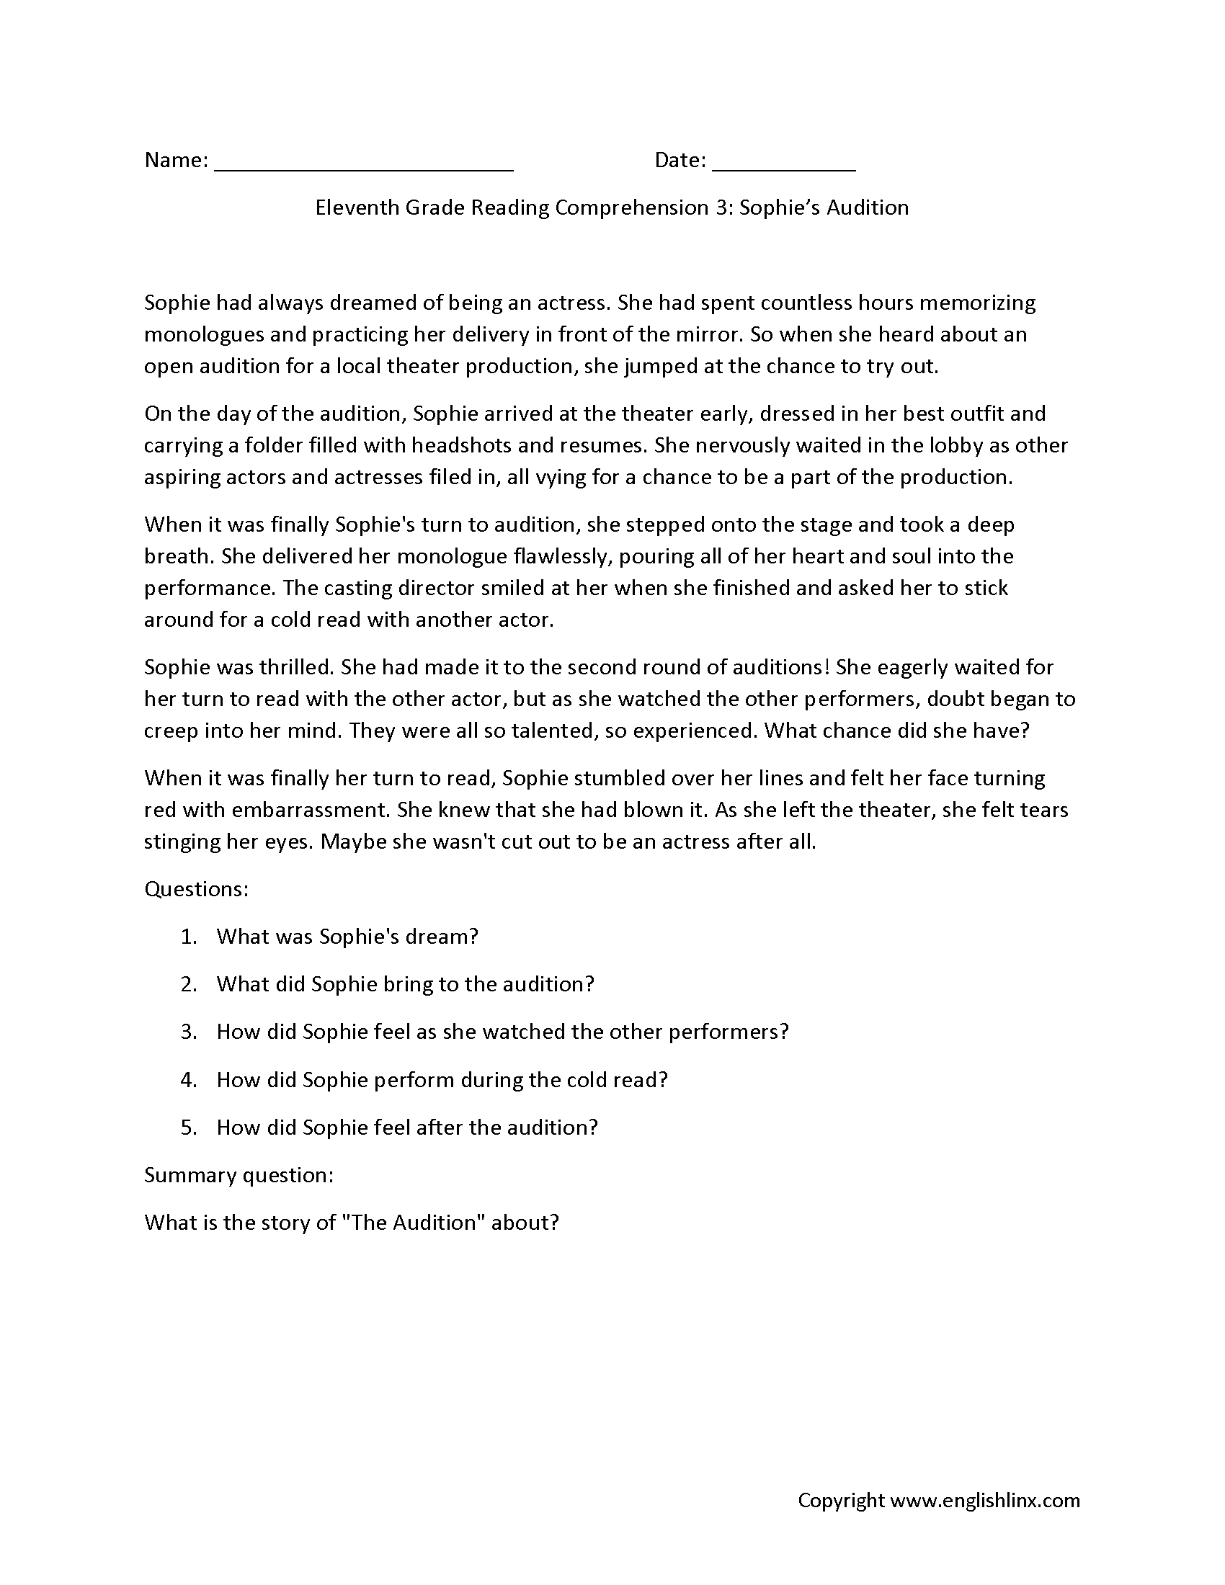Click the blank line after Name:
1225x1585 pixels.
tap(365, 169)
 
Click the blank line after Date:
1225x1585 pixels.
tap(784, 169)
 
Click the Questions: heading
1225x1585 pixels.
tap(197, 889)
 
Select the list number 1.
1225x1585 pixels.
tap(188, 936)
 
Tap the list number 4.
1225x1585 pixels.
tap(188, 1079)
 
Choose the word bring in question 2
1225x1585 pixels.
tap(409, 984)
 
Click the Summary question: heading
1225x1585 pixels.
tap(239, 1175)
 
